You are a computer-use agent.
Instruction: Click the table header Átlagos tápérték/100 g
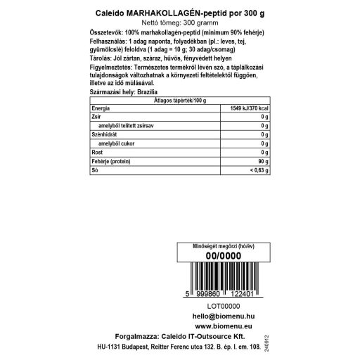(179, 101)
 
